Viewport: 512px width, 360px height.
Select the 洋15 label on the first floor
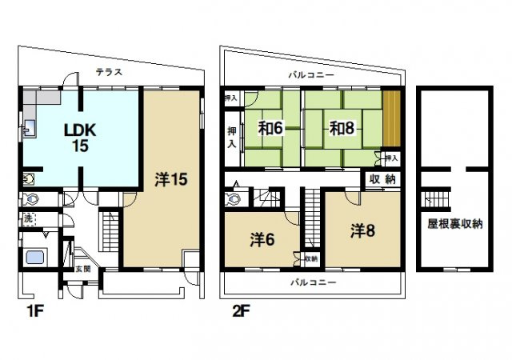point(170,179)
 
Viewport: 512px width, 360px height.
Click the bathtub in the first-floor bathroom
point(34,258)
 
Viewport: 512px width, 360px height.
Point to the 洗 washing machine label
point(27,218)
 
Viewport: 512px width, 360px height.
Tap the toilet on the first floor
point(31,198)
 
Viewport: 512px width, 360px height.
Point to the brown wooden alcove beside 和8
point(391,118)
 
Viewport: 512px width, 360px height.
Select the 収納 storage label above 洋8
point(384,179)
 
